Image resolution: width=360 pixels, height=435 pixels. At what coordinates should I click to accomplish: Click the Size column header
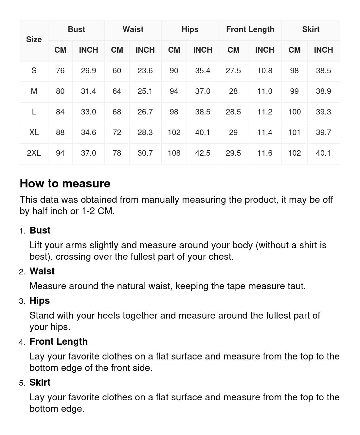click(x=34, y=40)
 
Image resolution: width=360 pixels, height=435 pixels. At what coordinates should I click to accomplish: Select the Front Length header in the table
click(x=250, y=29)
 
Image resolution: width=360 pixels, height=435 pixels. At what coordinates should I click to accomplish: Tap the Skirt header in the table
click(x=311, y=29)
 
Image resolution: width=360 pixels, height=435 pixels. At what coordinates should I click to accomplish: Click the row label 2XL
click(x=34, y=153)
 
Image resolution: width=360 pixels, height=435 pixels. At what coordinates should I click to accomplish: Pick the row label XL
click(x=34, y=132)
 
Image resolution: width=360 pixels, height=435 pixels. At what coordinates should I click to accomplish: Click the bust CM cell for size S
click(x=60, y=71)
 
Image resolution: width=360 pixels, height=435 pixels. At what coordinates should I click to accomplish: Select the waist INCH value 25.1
click(x=145, y=91)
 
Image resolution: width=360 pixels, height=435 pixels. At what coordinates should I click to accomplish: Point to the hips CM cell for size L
click(x=174, y=112)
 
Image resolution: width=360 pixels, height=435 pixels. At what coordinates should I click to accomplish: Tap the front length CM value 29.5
click(x=233, y=153)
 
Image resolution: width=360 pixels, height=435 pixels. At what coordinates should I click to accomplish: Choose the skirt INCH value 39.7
click(x=323, y=132)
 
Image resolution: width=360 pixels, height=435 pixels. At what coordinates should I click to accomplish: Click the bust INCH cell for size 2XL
click(x=88, y=153)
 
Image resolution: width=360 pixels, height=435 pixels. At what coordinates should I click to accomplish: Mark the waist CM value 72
click(x=117, y=132)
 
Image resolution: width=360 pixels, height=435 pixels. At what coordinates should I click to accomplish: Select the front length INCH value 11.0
click(x=264, y=91)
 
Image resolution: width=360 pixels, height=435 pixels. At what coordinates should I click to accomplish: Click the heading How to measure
click(x=65, y=183)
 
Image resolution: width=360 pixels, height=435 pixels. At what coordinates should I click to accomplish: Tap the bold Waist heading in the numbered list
click(x=42, y=271)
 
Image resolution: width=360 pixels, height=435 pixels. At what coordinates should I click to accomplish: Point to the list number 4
click(x=22, y=342)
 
